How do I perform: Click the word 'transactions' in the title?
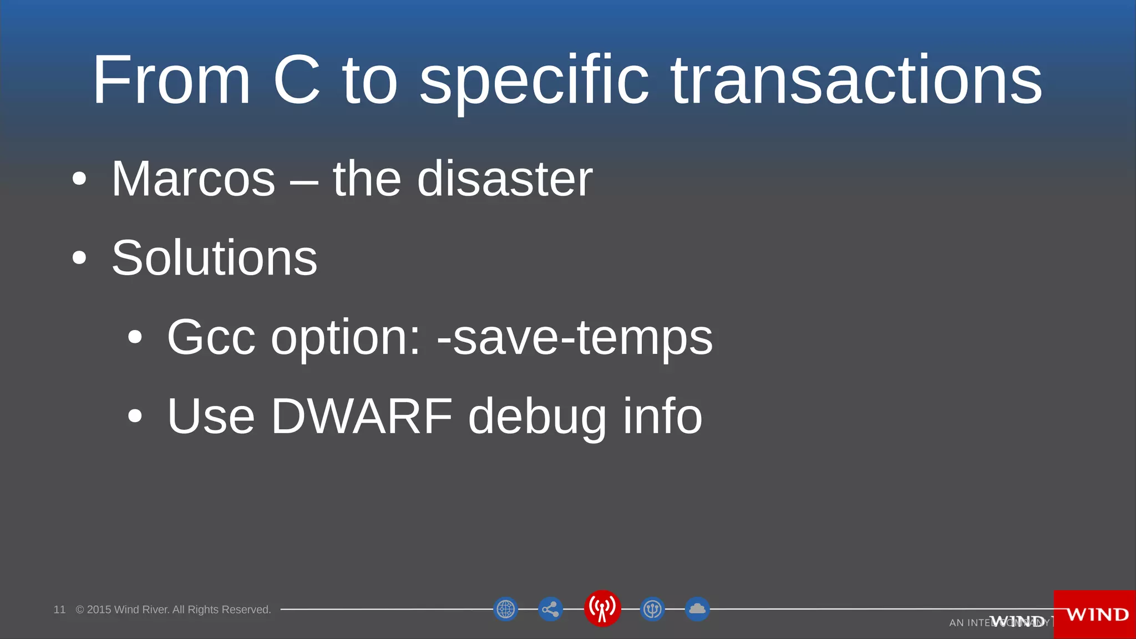(856, 80)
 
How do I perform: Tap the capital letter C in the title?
(297, 80)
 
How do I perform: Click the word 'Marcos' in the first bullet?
(193, 179)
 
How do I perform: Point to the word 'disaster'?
(505, 179)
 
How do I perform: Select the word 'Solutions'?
(214, 258)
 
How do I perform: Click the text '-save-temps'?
(575, 338)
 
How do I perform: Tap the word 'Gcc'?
(211, 338)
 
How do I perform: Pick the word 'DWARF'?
(362, 416)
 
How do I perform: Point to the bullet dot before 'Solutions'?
(79, 258)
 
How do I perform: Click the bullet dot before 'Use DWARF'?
(135, 416)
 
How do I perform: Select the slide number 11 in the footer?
(59, 610)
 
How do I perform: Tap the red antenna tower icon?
(602, 608)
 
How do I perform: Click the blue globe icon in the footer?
(505, 609)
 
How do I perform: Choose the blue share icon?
(550, 610)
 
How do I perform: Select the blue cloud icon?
(697, 609)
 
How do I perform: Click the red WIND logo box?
(1095, 615)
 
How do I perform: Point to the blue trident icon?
(652, 609)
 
